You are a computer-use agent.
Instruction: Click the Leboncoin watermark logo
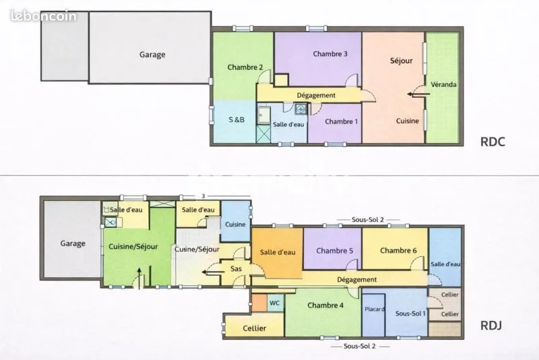pos(44,16)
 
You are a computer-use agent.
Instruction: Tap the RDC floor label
pos(493,142)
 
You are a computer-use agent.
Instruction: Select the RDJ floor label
pos(491,325)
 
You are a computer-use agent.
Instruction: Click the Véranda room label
pos(443,84)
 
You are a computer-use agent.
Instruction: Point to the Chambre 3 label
pos(330,54)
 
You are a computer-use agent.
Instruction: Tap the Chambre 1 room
pos(335,123)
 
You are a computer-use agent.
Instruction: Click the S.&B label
pos(236,119)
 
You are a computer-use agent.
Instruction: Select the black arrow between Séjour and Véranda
pos(418,94)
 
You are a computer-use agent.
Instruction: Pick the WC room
pos(276,303)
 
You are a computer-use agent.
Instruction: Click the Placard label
pos(375,309)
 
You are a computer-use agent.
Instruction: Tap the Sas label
pos(236,268)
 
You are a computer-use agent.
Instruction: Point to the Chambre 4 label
pos(325,305)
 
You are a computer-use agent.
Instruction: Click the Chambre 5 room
pos(332,249)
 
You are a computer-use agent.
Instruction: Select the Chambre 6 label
pos(398,251)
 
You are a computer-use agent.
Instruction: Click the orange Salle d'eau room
pos(277,253)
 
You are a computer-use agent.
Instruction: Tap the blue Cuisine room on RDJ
pos(235,221)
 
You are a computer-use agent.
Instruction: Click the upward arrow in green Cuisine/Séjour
pos(139,278)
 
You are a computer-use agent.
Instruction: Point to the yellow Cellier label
pos(255,328)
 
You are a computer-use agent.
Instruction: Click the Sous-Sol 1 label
pos(410,313)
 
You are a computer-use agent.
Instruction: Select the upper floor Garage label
pos(152,55)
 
